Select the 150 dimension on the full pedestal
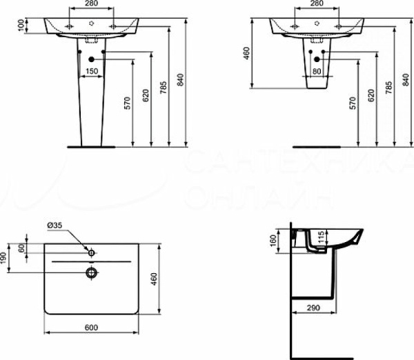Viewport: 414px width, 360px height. coord(91,71)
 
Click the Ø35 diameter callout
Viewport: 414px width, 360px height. coord(55,224)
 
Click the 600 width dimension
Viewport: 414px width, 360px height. coord(91,327)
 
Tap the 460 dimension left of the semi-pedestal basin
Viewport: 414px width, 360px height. coord(246,52)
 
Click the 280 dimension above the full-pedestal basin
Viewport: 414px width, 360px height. coord(91,4)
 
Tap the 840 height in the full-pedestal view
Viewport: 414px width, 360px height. coord(181,81)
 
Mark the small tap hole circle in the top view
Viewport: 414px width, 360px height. coord(90,250)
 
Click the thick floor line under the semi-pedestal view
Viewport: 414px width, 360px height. coord(317,146)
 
